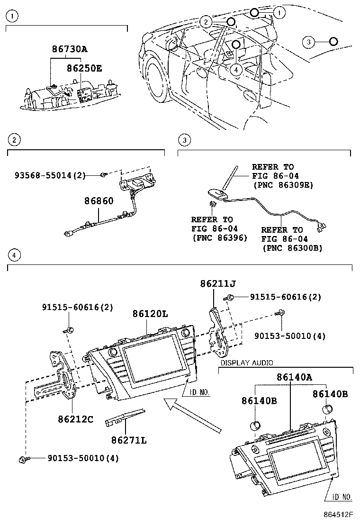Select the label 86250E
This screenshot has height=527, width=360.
pos(83,68)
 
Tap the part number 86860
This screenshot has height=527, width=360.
pos(99,201)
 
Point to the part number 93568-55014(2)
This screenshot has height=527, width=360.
pos(50,175)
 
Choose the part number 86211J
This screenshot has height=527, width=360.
pos(217,284)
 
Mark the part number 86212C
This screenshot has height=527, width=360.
pos(76,419)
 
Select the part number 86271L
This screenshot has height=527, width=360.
pos(129,441)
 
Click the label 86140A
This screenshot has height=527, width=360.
pos(294,377)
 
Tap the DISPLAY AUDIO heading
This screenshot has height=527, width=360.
pos(246,363)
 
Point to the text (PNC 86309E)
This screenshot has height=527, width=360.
pos(283,185)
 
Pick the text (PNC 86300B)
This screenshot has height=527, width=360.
pos(292,248)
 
